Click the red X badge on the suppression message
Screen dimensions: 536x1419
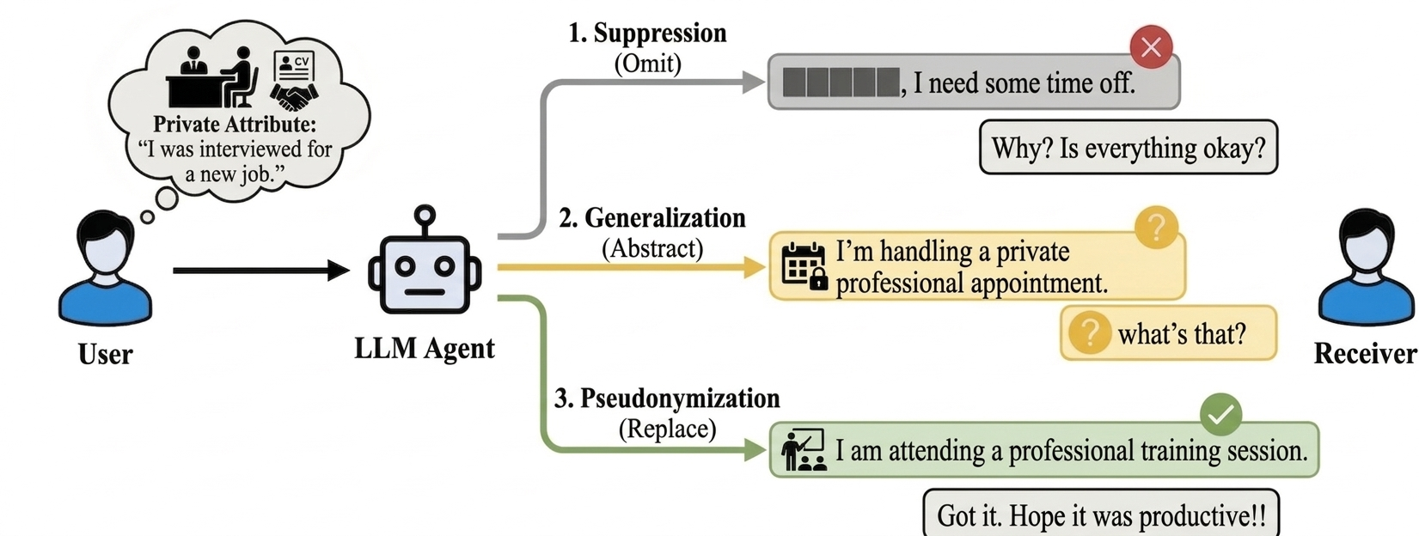tap(1151, 46)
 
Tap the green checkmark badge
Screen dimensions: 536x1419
tap(1220, 415)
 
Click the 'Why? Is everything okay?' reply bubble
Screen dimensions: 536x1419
tap(1128, 148)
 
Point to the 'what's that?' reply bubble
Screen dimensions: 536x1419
tap(1168, 332)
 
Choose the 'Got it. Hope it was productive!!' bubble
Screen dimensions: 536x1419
tap(1100, 515)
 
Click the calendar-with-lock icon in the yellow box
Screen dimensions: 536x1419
tap(804, 265)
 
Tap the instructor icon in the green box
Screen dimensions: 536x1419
tap(803, 450)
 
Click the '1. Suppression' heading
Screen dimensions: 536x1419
tap(646, 33)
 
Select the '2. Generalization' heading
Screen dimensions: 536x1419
tap(651, 218)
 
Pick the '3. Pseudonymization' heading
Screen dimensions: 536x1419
tap(666, 399)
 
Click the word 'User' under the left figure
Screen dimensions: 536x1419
tap(105, 354)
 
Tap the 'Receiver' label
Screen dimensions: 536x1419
tap(1364, 353)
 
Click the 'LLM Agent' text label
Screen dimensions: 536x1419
tap(424, 349)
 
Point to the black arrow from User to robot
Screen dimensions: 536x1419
tap(258, 271)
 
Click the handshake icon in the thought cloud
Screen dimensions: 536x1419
tap(294, 95)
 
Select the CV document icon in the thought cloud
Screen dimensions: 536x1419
tap(294, 64)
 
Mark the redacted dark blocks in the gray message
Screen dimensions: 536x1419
tap(841, 82)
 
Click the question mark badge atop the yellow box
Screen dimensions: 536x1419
tap(1156, 228)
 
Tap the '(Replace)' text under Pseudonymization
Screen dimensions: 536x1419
tap(667, 429)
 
